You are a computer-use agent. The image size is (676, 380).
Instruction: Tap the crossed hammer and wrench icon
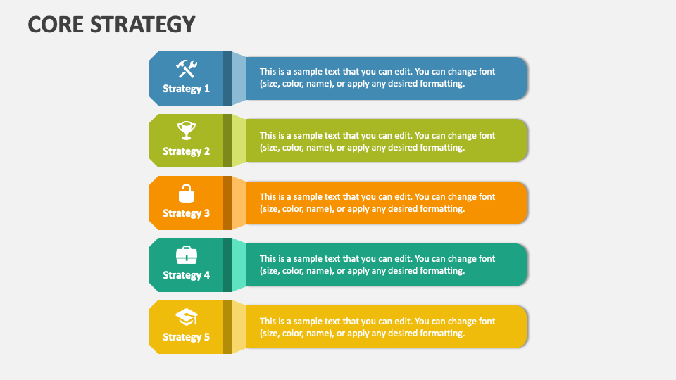click(x=187, y=68)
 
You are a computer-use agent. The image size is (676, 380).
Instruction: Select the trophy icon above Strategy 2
click(x=187, y=130)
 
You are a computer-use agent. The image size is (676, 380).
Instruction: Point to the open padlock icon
click(x=187, y=193)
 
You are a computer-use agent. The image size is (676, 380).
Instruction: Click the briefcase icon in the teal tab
click(x=187, y=255)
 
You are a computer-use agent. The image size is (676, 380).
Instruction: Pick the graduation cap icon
click(x=187, y=317)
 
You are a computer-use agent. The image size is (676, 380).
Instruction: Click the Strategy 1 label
click(x=187, y=89)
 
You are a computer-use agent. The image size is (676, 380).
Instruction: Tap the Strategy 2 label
click(x=187, y=151)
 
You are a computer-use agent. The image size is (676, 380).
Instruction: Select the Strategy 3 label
click(x=187, y=213)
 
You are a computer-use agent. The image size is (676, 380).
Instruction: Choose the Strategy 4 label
click(x=187, y=275)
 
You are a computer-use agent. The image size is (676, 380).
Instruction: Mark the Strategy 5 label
click(x=187, y=337)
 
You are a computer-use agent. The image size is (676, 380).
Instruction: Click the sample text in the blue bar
click(x=377, y=77)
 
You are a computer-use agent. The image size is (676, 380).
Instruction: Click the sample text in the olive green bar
click(x=377, y=141)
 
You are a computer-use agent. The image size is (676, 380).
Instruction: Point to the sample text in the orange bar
click(x=377, y=203)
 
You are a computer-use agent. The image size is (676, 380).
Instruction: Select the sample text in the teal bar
click(x=377, y=265)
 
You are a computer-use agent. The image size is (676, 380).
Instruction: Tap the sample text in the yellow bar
click(x=377, y=327)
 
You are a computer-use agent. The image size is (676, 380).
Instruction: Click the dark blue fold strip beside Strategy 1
click(x=227, y=78)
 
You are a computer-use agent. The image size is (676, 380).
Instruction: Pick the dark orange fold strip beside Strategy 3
click(x=227, y=203)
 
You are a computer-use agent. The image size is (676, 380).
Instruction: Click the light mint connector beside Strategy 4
click(x=239, y=265)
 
